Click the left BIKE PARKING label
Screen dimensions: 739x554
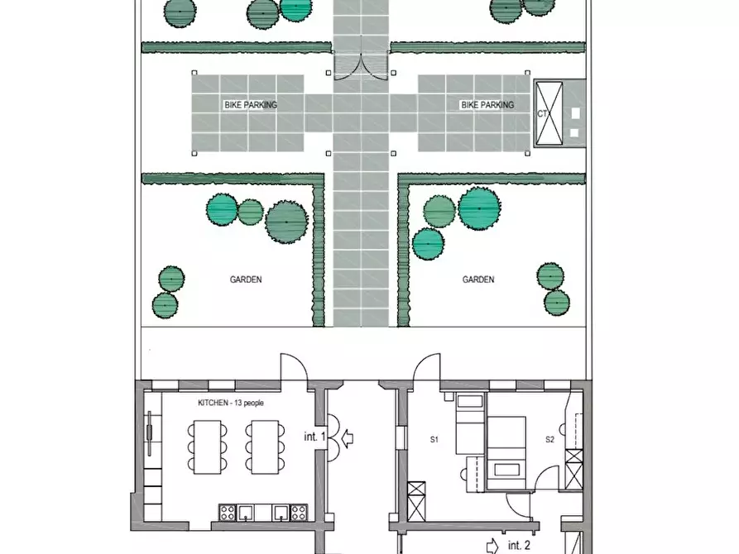pyautogui.click(x=250, y=104)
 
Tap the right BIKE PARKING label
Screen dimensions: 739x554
pyautogui.click(x=487, y=104)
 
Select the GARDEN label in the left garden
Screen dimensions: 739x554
pyautogui.click(x=246, y=279)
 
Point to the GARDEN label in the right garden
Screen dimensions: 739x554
pyautogui.click(x=477, y=279)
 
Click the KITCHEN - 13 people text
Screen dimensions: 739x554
pyautogui.click(x=230, y=403)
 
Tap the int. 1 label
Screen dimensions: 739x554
pyautogui.click(x=314, y=437)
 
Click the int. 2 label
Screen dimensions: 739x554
pyautogui.click(x=519, y=546)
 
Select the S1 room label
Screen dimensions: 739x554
pyautogui.click(x=434, y=440)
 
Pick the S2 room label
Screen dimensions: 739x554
pyautogui.click(x=549, y=440)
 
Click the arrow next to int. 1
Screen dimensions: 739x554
pyautogui.click(x=348, y=437)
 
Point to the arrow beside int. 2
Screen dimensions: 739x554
pyautogui.click(x=492, y=546)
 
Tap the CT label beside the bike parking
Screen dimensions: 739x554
pyautogui.click(x=542, y=113)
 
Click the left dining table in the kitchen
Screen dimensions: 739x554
pyautogui.click(x=208, y=447)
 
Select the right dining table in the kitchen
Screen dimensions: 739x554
pyautogui.click(x=264, y=447)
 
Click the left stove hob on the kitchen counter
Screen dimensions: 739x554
pyautogui.click(x=228, y=512)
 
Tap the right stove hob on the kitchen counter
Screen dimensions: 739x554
pyautogui.click(x=299, y=512)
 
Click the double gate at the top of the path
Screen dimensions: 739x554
pyautogui.click(x=362, y=66)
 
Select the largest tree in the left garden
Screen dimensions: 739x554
pyautogui.click(x=286, y=222)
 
